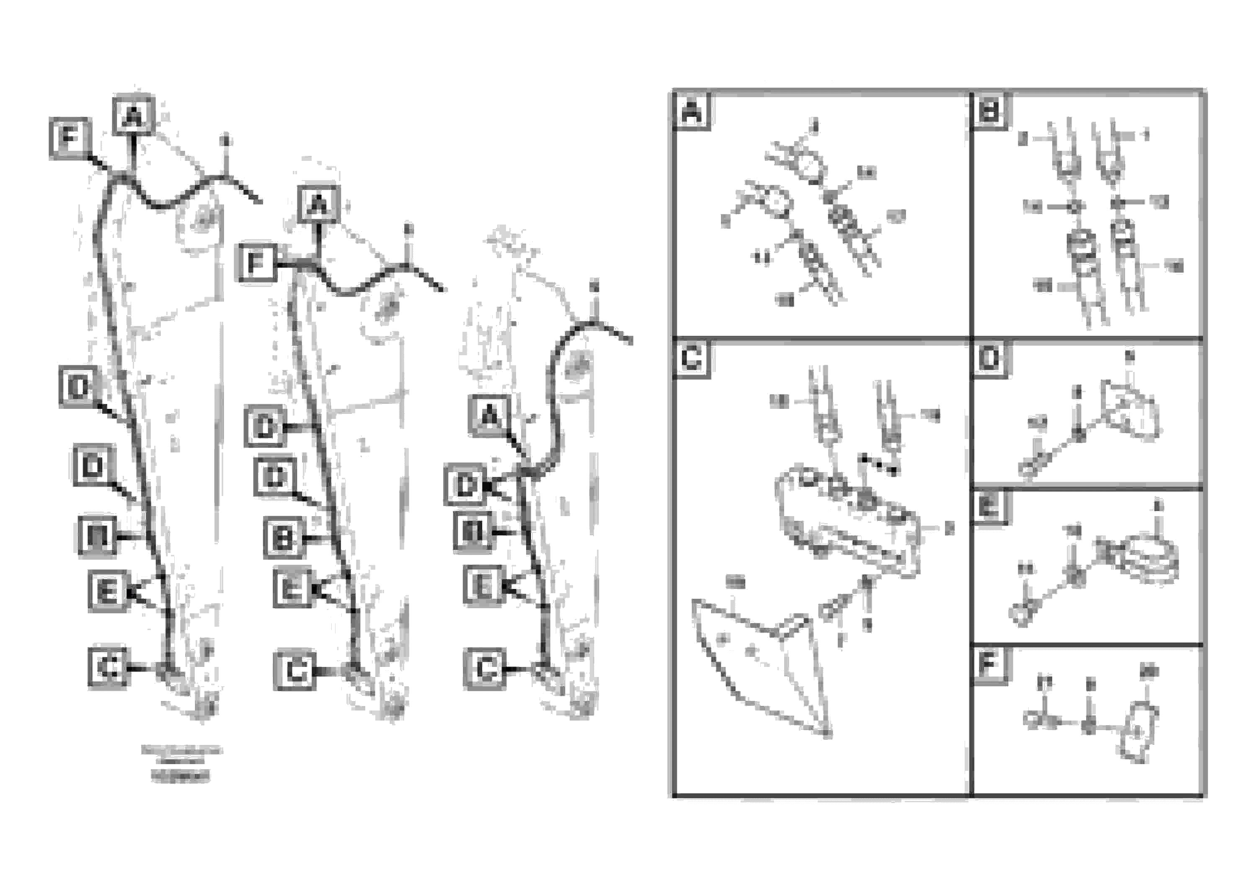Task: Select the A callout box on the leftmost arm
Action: click(x=134, y=116)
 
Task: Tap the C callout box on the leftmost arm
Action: click(x=108, y=667)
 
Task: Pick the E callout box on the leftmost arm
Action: click(x=108, y=591)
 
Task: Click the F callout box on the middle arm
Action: click(x=257, y=264)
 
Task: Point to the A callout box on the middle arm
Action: click(x=319, y=205)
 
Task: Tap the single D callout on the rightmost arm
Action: click(x=465, y=485)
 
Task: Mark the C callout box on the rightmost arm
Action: click(x=485, y=669)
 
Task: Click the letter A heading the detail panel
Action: click(x=692, y=112)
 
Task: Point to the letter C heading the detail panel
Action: click(x=692, y=359)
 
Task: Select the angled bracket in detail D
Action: click(x=1130, y=410)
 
